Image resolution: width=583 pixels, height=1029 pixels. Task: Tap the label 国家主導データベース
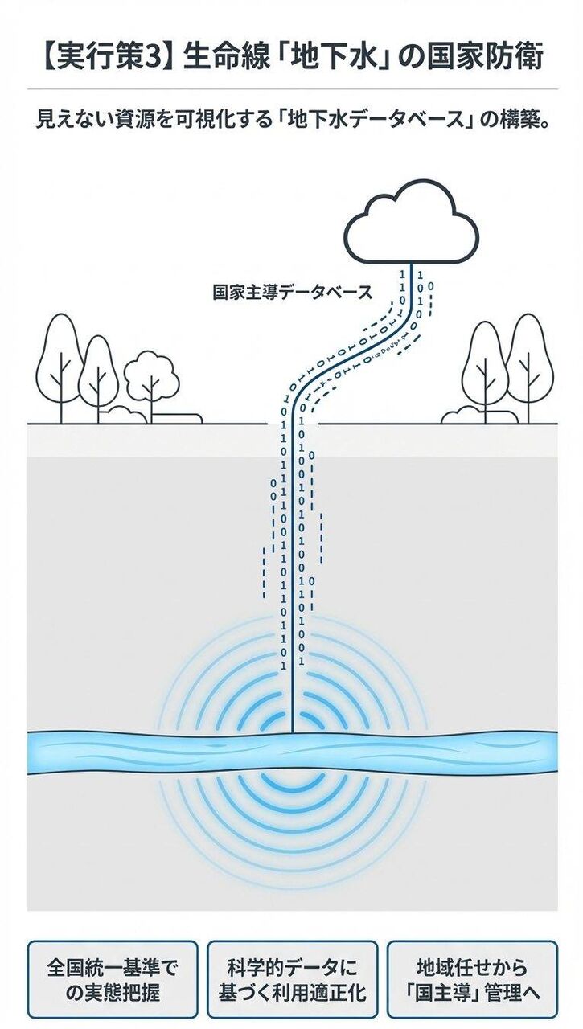coord(293,292)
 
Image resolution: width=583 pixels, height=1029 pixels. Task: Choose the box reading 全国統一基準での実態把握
coord(112,980)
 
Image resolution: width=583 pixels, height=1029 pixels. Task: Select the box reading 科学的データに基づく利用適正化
coord(292,980)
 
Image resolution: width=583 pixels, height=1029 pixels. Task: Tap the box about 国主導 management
coord(472,980)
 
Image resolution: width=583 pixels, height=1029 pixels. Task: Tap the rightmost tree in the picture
coord(528,362)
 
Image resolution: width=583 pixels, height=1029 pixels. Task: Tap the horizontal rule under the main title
coord(292,88)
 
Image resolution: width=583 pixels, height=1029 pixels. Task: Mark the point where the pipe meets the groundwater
coord(292,733)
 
